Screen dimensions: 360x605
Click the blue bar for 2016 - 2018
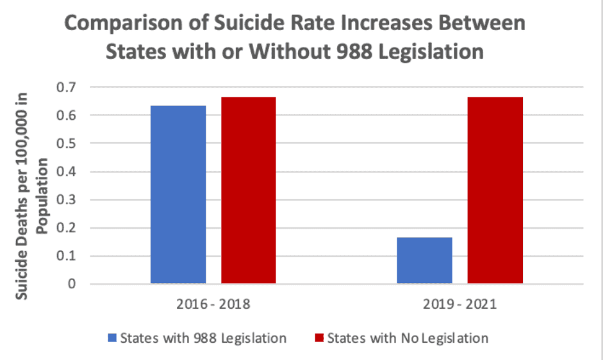(178, 195)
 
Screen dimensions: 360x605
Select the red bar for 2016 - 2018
(249, 190)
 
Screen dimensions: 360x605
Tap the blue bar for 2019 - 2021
(424, 260)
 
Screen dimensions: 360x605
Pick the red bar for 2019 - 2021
(495, 190)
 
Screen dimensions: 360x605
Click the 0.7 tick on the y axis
(67, 87)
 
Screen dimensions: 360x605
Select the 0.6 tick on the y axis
(67, 115)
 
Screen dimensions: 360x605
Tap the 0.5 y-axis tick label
(67, 143)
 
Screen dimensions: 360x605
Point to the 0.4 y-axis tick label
(67, 172)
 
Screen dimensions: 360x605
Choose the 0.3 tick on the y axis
(67, 200)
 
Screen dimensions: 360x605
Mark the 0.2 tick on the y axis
(67, 228)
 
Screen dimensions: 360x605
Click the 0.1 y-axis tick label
(67, 256)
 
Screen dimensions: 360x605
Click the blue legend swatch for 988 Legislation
(112, 338)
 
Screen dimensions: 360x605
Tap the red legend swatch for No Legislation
(320, 338)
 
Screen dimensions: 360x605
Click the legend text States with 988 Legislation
(203, 338)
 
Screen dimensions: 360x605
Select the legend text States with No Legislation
(408, 338)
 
